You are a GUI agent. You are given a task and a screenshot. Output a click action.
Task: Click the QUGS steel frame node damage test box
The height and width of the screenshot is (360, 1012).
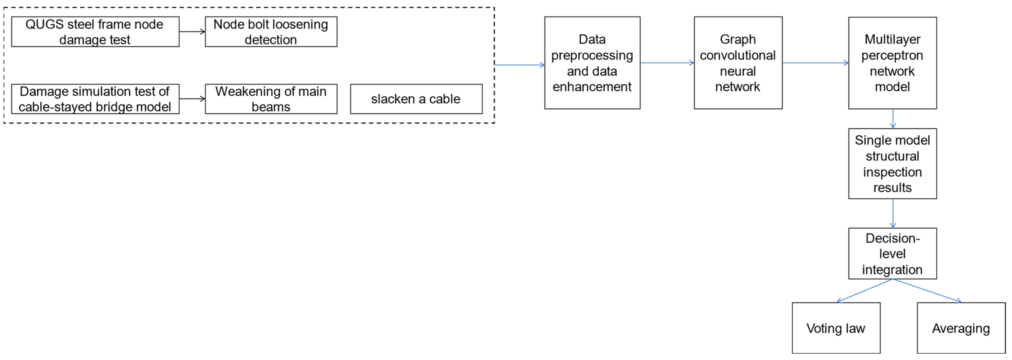tap(95, 32)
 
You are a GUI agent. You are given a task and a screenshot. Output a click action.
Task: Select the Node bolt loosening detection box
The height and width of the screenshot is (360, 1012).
tap(271, 32)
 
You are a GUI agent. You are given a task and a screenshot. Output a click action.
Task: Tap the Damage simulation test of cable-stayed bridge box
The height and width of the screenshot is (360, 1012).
tap(95, 99)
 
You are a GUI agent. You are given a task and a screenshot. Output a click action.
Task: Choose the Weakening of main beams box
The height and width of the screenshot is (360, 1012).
tap(271, 99)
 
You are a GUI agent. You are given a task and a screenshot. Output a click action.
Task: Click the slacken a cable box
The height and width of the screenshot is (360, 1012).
tap(416, 99)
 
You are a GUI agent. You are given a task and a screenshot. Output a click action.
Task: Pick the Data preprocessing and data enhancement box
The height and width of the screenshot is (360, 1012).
tap(592, 63)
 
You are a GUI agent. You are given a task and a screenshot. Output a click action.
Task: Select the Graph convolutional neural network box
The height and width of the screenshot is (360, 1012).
tap(738, 63)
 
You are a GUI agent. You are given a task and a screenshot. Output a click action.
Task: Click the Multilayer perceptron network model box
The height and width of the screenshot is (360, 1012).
tap(892, 63)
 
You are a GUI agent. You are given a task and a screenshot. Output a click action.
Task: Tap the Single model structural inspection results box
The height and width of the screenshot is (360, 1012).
tap(892, 163)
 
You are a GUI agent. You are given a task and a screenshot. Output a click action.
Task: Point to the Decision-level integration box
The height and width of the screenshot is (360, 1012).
tap(892, 253)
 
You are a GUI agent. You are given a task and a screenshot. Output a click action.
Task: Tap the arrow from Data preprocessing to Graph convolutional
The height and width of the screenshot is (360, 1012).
tap(667, 63)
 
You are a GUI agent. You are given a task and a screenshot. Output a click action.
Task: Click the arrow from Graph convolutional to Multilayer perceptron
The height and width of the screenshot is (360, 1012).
tap(815, 63)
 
